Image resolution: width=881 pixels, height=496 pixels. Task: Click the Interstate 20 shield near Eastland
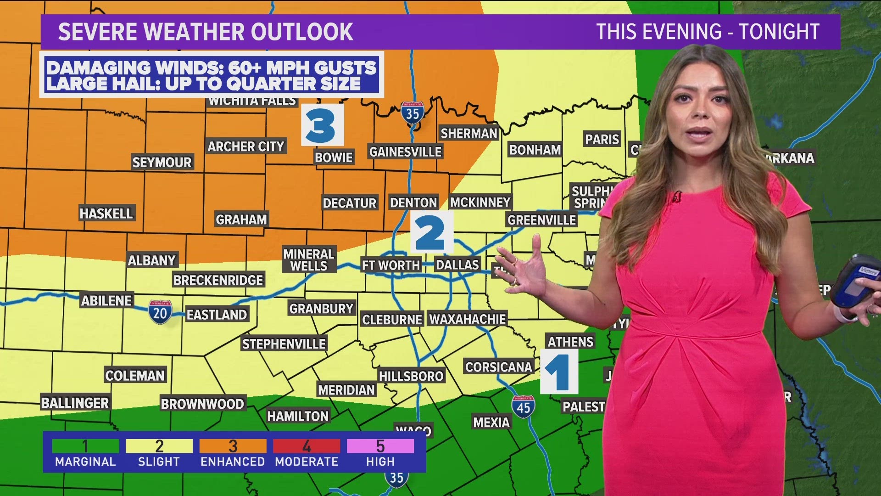point(160,313)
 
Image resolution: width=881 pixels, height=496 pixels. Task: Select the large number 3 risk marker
point(322,125)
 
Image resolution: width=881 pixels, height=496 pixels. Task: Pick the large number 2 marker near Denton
point(431,232)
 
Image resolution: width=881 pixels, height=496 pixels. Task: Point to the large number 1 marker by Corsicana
point(558,372)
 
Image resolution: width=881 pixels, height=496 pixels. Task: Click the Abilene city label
point(106,301)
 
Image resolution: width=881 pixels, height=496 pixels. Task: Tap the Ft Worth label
point(390,265)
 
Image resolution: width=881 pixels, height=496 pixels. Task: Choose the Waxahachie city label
point(468,319)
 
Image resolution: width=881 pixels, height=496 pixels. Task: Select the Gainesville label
point(405,152)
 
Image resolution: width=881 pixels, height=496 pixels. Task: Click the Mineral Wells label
point(308,260)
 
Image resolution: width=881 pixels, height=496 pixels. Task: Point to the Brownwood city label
point(202,404)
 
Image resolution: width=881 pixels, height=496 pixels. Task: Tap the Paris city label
point(602,139)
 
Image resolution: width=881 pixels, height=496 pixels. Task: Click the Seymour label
point(162,162)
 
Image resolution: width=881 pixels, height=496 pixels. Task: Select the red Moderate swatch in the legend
point(307,446)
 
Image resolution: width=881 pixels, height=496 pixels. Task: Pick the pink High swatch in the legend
point(380,446)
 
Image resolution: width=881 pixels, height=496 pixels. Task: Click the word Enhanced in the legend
point(233,462)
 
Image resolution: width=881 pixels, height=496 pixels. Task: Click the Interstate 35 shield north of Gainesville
point(413,113)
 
